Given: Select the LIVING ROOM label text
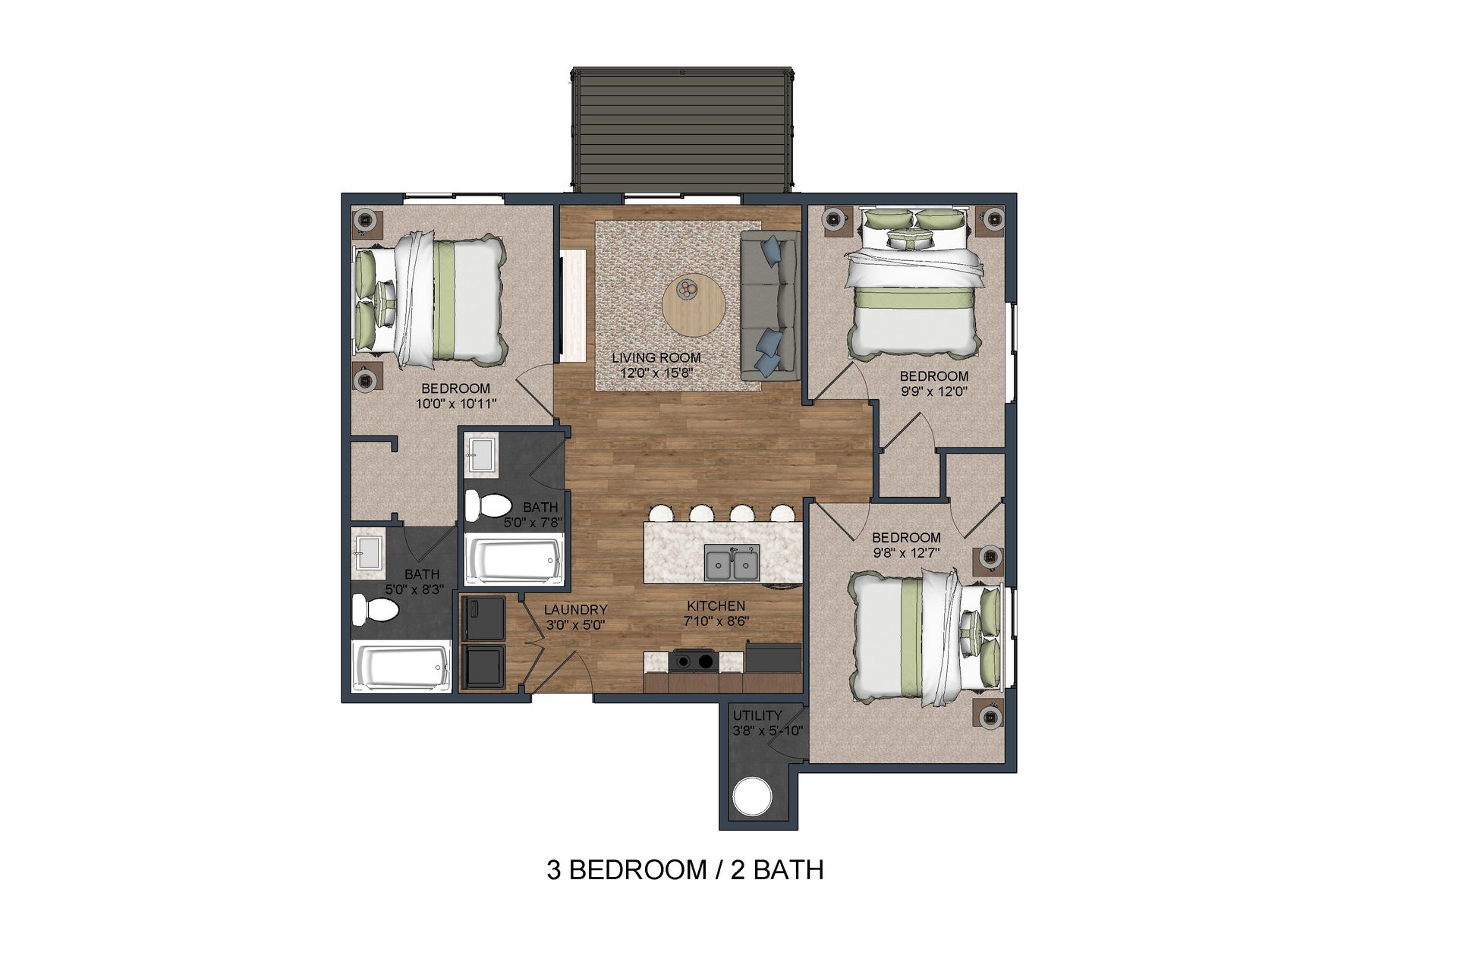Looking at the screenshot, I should click(x=656, y=357).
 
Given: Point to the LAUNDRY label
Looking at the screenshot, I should click(x=575, y=609).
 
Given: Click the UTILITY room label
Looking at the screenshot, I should click(x=757, y=715).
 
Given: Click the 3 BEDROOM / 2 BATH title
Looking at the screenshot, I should click(x=684, y=869).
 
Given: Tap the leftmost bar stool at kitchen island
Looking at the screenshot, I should click(x=661, y=513).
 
